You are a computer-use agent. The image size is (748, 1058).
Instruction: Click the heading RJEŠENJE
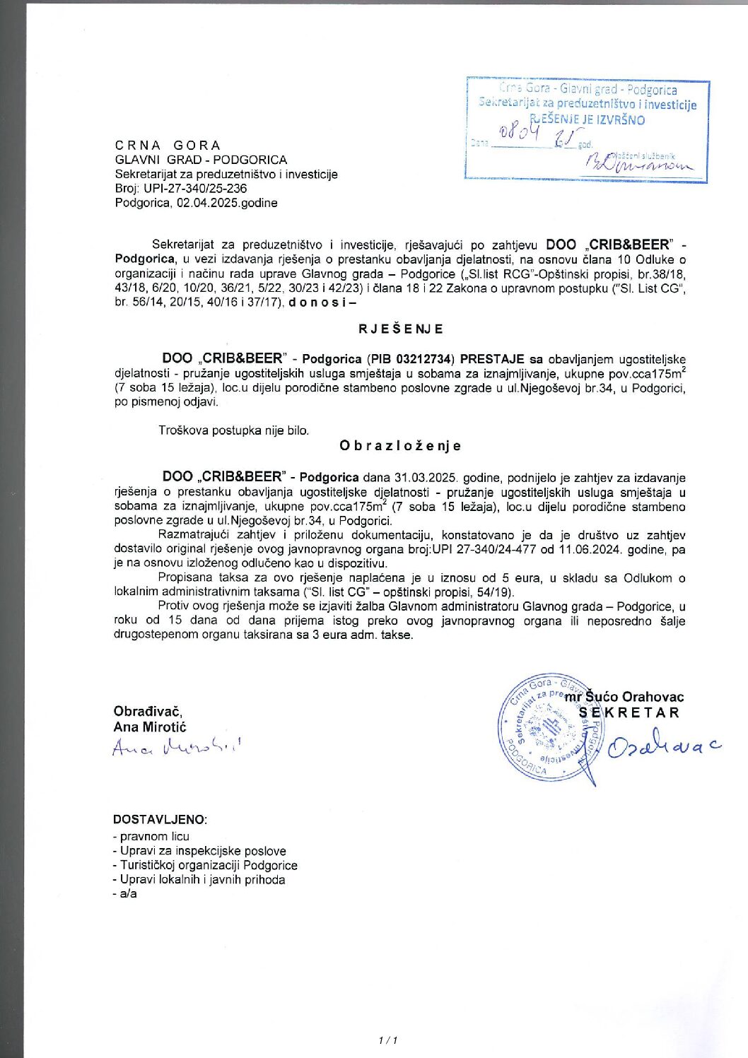pyautogui.click(x=400, y=329)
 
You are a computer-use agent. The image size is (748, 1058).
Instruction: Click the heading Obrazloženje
pyautogui.click(x=400, y=445)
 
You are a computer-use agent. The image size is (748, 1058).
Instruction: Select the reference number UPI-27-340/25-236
pyautogui.click(x=195, y=189)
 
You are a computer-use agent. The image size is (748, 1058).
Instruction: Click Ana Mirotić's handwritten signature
pyautogui.click(x=176, y=746)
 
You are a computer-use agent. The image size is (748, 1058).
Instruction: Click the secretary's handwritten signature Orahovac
pyautogui.click(x=663, y=745)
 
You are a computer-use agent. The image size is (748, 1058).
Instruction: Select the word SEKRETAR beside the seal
pyautogui.click(x=629, y=712)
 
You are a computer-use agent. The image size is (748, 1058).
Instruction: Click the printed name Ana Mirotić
pyautogui.click(x=150, y=727)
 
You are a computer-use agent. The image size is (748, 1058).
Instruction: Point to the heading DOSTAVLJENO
pyautogui.click(x=160, y=819)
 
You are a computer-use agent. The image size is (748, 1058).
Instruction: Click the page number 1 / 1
pyautogui.click(x=388, y=1040)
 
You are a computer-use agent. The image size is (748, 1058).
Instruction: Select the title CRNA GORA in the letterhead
pyautogui.click(x=168, y=146)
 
